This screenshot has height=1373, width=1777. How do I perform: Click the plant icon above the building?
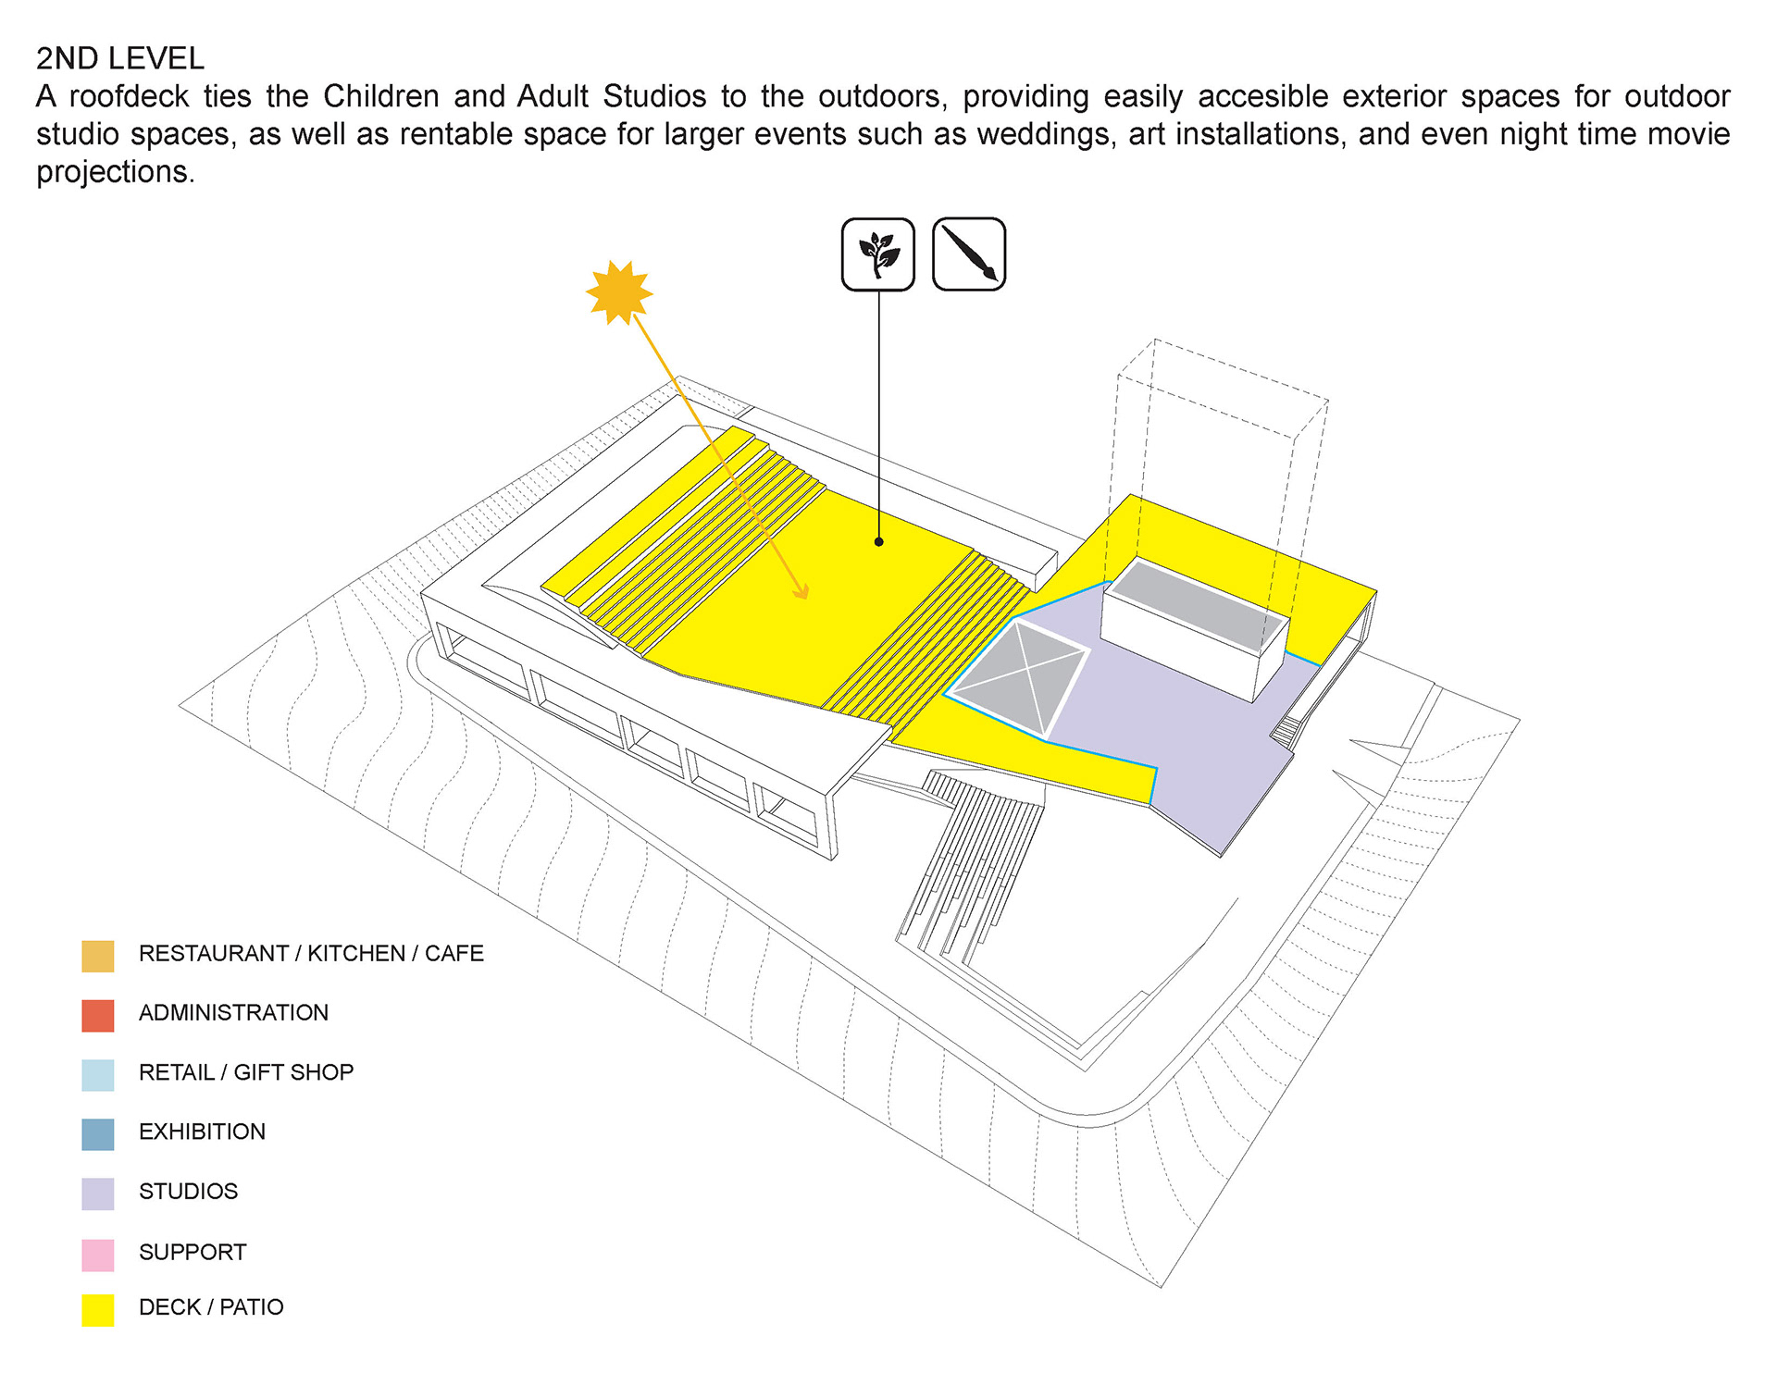[877, 254]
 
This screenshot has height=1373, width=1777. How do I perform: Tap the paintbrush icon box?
[968, 254]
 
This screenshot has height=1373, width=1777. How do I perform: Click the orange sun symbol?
[619, 293]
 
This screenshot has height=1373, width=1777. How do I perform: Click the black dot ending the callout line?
[878, 541]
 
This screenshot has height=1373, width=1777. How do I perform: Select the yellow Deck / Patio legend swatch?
[98, 1309]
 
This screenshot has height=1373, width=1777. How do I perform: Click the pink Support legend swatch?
[98, 1255]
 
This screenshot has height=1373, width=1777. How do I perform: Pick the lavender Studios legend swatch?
[98, 1194]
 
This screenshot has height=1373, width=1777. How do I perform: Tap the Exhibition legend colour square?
[98, 1134]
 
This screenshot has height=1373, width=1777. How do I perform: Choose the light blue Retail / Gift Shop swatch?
[98, 1075]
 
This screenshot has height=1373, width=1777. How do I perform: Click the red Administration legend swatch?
[98, 1015]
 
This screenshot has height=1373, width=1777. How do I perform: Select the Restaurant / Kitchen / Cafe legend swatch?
[98, 956]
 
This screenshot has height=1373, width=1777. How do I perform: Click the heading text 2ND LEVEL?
[120, 58]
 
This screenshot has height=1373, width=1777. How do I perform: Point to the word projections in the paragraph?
[115, 173]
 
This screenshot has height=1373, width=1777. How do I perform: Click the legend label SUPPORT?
[193, 1252]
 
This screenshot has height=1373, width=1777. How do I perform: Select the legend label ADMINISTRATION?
[233, 1013]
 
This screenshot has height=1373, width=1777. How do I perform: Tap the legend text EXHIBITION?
[202, 1132]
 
